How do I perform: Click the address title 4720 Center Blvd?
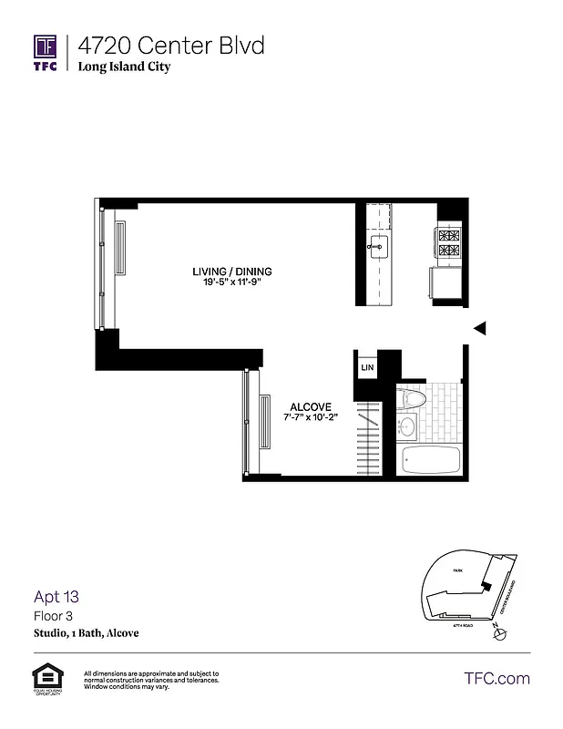(x=171, y=45)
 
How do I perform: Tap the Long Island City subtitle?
(x=124, y=67)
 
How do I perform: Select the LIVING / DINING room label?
(x=231, y=272)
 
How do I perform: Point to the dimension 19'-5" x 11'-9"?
(x=231, y=283)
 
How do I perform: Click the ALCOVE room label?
(x=310, y=406)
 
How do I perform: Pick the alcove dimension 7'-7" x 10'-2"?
(x=310, y=418)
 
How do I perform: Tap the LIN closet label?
(x=367, y=367)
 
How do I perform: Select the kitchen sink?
(x=378, y=245)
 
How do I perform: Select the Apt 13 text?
(x=56, y=598)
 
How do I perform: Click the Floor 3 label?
(x=54, y=616)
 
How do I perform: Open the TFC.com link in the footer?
(x=496, y=678)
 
